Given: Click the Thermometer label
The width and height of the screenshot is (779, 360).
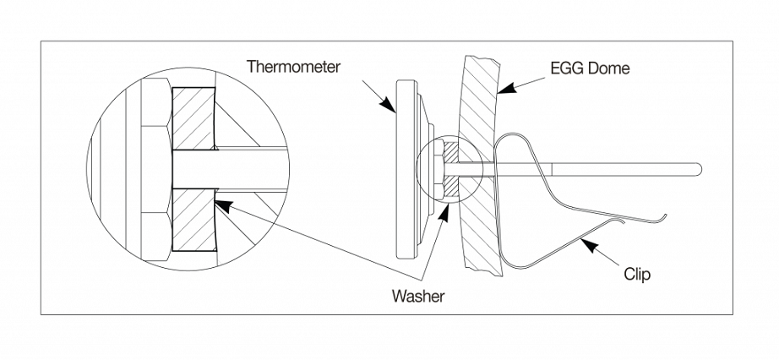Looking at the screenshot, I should (295, 67).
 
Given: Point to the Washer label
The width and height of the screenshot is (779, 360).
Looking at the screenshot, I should (417, 297).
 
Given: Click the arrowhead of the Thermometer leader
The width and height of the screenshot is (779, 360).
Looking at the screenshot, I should (390, 109).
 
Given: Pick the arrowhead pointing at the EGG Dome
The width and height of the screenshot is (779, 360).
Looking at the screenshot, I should (501, 89).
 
